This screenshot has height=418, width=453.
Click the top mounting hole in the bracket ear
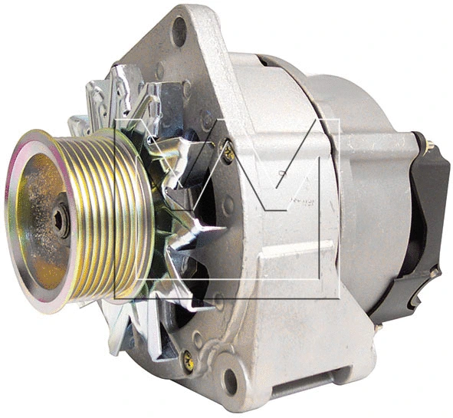tap(179, 31)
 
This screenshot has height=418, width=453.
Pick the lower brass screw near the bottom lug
tap(186, 357)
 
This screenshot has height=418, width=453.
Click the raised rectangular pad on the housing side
tap(295, 261)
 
